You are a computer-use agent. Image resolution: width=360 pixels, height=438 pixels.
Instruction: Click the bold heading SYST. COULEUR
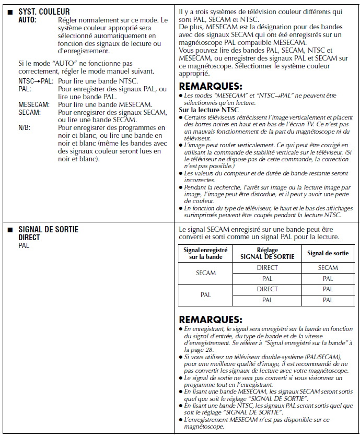(44, 11)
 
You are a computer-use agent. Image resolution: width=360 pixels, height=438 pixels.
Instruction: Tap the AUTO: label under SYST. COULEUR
(28, 19)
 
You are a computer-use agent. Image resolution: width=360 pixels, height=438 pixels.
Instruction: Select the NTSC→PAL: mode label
(36, 81)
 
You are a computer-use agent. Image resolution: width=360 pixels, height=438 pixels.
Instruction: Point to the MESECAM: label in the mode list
(34, 104)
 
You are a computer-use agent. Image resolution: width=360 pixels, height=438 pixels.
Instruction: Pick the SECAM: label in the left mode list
(29, 112)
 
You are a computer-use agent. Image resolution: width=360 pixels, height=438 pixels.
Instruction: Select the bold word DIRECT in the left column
(29, 237)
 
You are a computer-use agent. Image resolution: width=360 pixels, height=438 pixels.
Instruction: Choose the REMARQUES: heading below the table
(211, 319)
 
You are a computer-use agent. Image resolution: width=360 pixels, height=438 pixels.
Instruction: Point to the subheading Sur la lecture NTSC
(208, 110)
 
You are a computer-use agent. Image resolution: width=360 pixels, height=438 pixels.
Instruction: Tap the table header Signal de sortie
(328, 253)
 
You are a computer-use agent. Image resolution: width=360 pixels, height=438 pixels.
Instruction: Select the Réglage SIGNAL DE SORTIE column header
(268, 254)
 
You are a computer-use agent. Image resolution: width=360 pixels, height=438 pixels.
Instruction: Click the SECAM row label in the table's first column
(205, 273)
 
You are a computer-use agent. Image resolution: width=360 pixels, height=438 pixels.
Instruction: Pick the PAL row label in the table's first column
(205, 294)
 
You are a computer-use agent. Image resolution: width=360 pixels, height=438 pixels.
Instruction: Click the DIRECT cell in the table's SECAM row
(268, 268)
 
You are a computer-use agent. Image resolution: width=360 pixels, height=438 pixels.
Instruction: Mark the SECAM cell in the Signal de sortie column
(328, 268)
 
